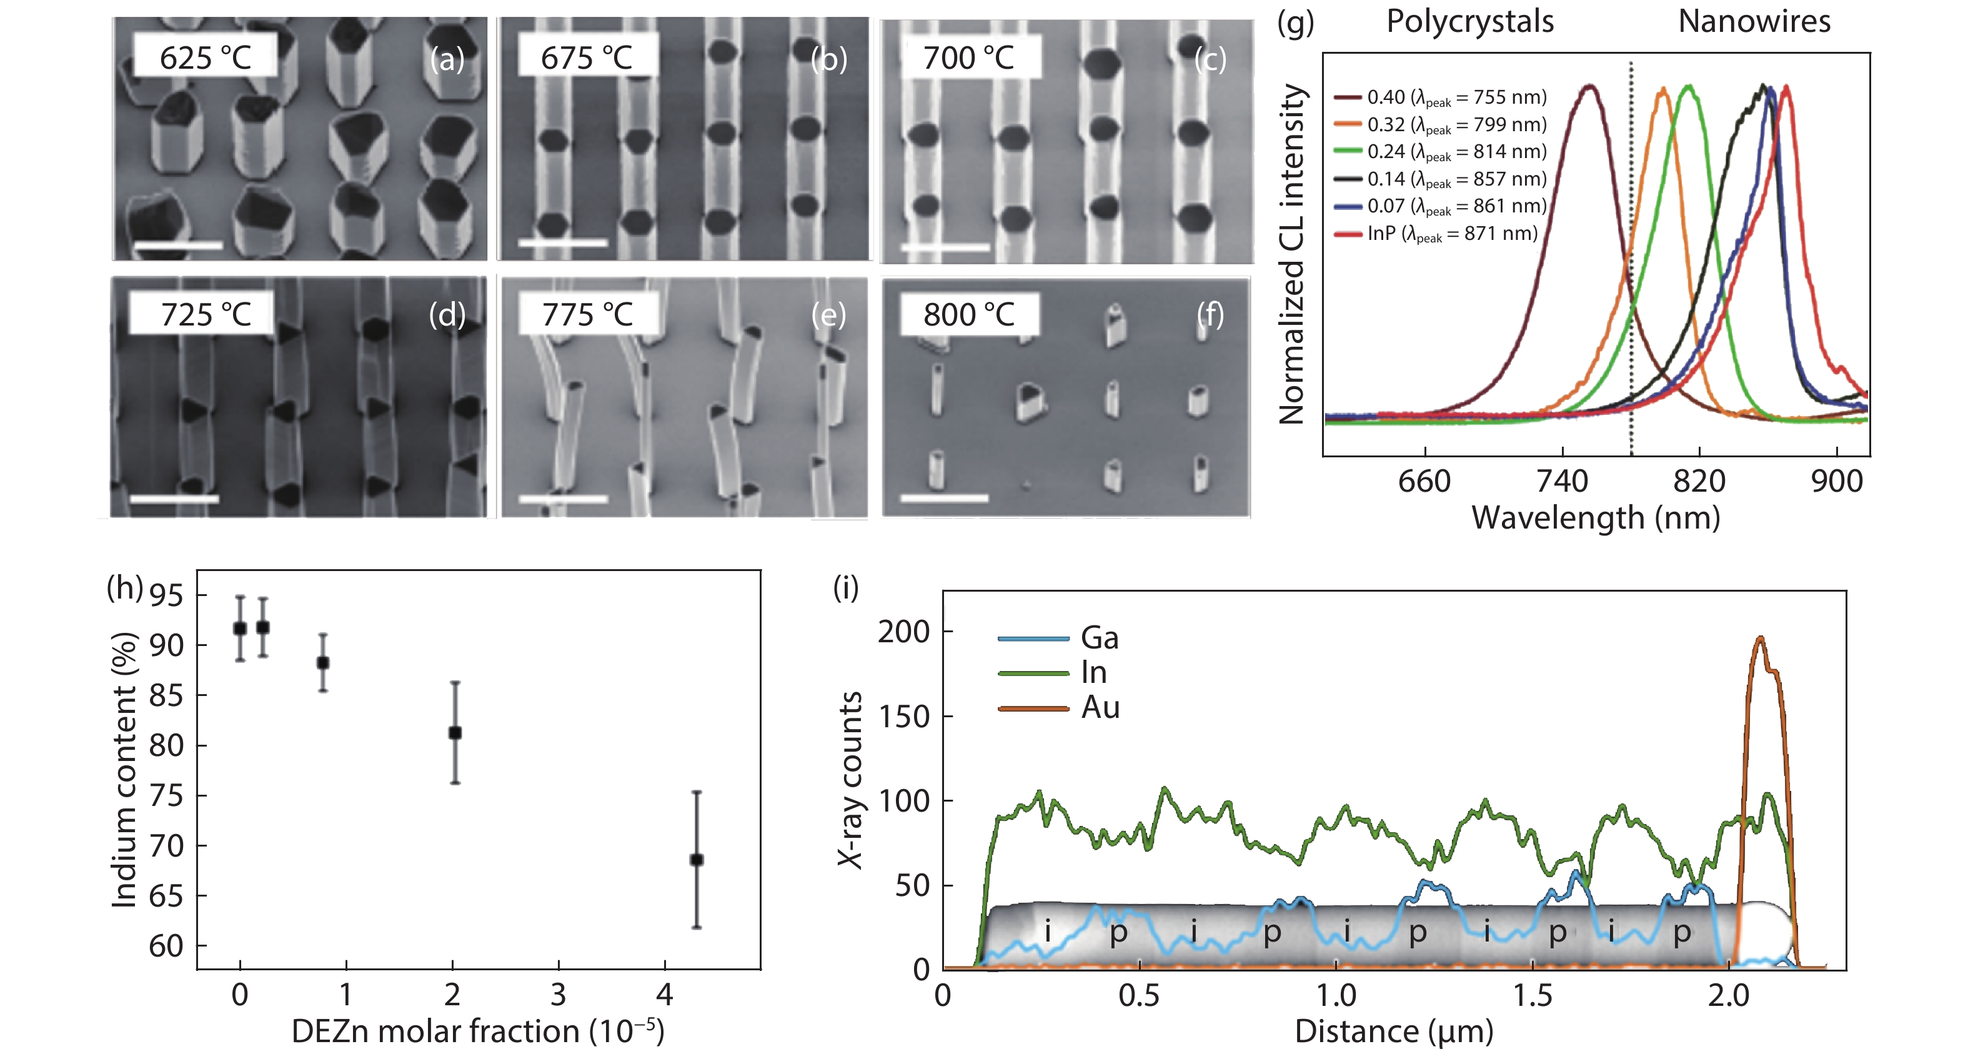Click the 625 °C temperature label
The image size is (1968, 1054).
tap(205, 57)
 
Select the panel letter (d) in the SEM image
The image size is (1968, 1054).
tap(447, 314)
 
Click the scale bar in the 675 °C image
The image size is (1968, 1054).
tap(563, 243)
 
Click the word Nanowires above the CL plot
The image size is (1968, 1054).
tap(1754, 21)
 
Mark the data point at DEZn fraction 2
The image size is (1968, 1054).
tap(455, 732)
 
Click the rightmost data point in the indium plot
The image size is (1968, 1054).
tap(696, 859)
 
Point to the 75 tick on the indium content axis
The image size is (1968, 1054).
tap(167, 796)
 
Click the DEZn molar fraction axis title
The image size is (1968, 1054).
tap(477, 1031)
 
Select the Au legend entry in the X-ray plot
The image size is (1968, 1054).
tap(1100, 707)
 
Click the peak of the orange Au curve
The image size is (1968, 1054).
tap(1760, 638)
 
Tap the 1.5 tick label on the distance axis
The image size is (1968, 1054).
tap(1533, 996)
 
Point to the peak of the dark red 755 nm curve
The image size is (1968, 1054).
tap(1590, 86)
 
